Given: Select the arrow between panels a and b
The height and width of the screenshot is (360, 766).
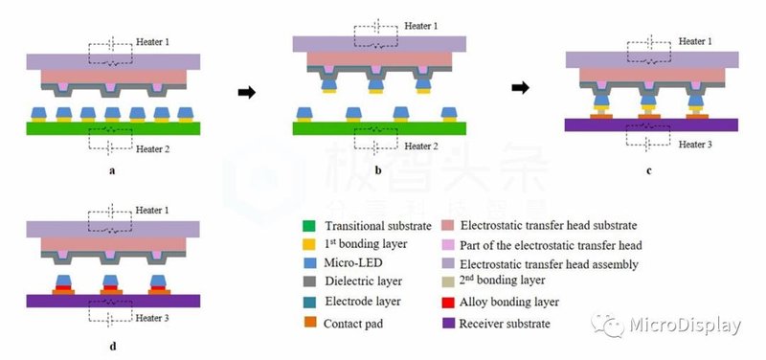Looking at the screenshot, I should click(246, 93).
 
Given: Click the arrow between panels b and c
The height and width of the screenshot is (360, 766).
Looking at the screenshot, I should click(520, 89).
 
